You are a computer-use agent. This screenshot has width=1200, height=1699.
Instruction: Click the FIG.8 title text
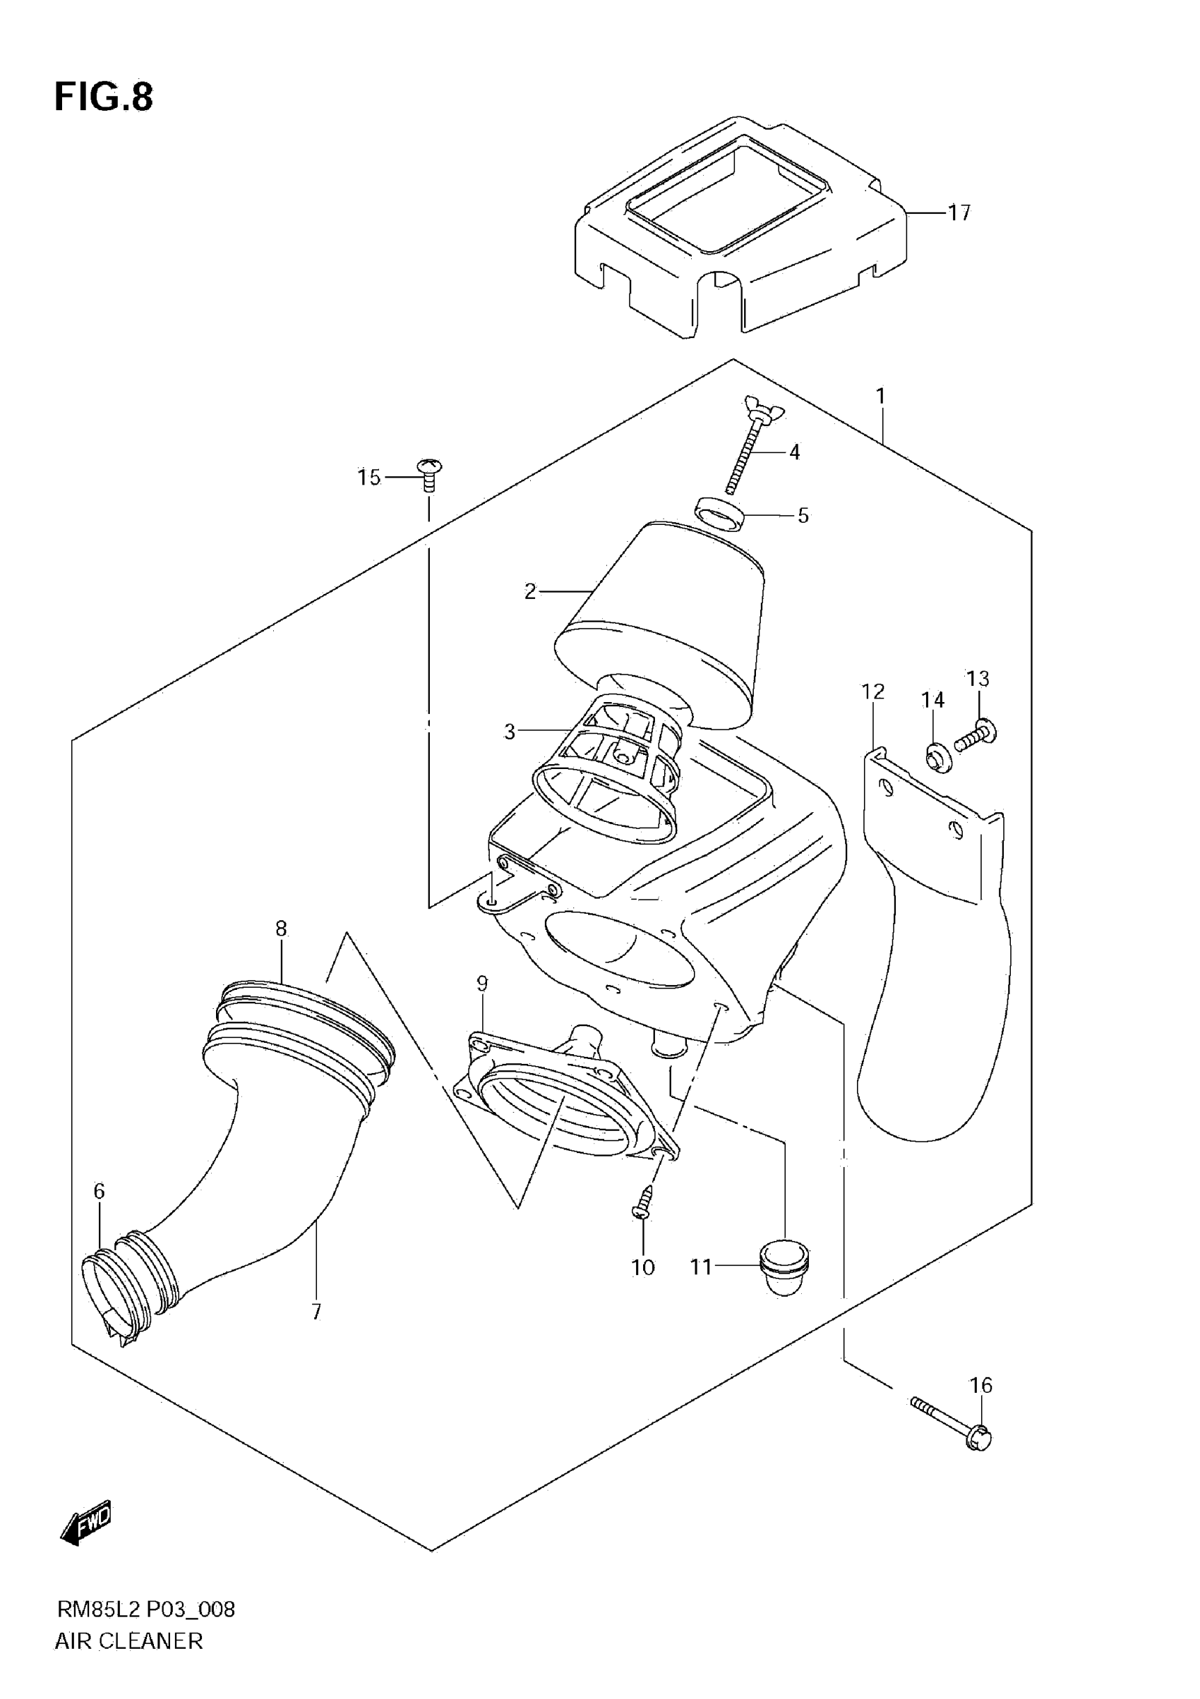(x=104, y=97)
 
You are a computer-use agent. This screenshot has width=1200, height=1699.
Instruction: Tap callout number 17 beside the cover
(x=959, y=213)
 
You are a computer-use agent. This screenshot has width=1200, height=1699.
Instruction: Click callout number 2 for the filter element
(x=529, y=591)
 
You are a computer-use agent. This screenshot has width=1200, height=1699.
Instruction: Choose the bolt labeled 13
(x=976, y=734)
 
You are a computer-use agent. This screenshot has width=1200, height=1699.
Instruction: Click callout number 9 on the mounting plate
(x=482, y=984)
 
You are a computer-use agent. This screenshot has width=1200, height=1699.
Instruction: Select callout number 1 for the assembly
(x=880, y=397)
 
